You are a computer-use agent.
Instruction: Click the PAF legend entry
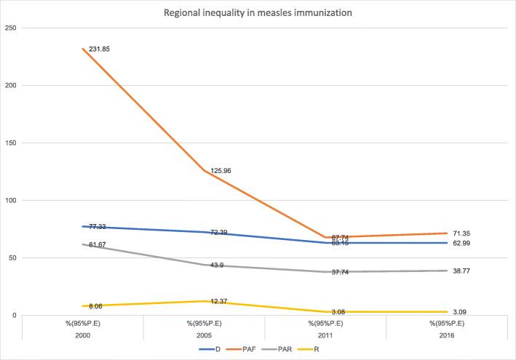coord(245,350)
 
